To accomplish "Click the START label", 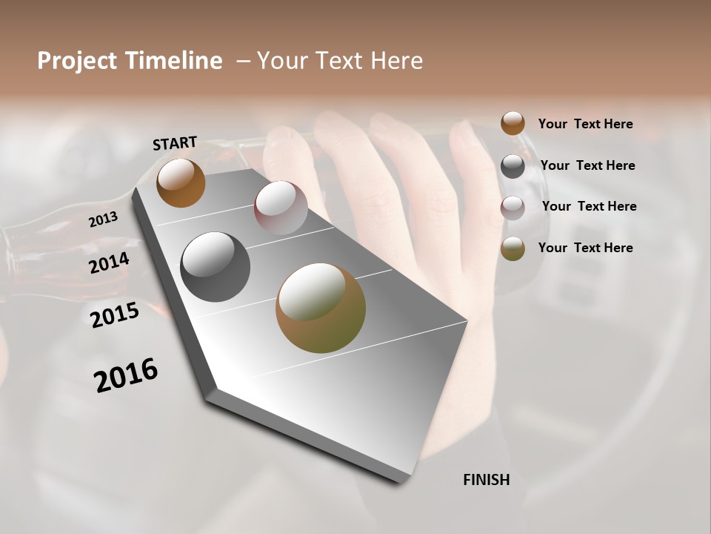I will point(175,143).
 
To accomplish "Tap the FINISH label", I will point(486,480).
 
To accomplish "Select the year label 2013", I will point(103,220).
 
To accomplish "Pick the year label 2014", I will point(109,263).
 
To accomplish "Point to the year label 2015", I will point(115,315).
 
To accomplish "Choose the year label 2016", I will point(126,375).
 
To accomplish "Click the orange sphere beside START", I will point(181,182).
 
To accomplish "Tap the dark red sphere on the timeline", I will point(281,208).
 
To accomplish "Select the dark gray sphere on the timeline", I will point(215,267).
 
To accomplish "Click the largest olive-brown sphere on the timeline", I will point(321,308).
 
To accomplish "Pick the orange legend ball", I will point(513,123).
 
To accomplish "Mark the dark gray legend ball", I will point(513,166).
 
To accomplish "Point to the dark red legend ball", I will point(513,208).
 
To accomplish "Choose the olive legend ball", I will point(513,248).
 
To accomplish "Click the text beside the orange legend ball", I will point(585,124).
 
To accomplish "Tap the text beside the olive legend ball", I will point(585,248).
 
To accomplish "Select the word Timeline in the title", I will point(174,61).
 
